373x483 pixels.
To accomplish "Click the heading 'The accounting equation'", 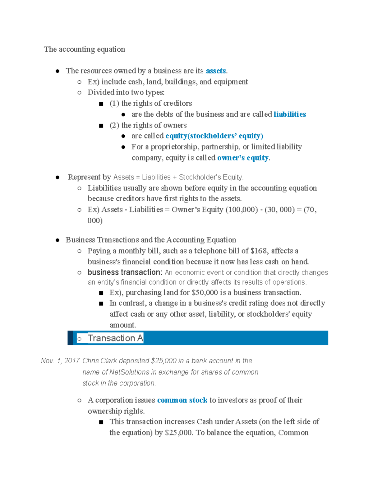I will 84,49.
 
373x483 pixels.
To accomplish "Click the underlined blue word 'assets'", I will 216,71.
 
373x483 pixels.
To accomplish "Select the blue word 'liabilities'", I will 290,114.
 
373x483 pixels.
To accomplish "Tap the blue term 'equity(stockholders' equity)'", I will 214,136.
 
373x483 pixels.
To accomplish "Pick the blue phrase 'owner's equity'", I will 243,158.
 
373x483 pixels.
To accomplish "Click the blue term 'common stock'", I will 182,400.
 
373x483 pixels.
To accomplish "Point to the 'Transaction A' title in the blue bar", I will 115,338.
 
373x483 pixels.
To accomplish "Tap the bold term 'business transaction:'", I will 125,272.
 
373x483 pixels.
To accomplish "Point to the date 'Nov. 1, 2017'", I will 60,361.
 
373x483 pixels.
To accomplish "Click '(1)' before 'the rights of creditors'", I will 114,104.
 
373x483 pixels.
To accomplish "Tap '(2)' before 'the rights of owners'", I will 114,125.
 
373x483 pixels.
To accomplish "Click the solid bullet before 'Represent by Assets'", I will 58,178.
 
